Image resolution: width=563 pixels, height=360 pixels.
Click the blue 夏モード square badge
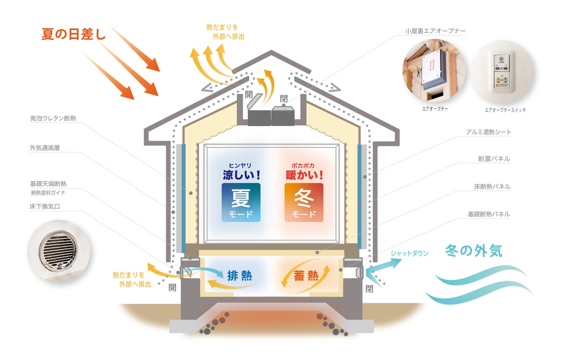(241, 202)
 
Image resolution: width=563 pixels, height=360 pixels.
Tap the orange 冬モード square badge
(304, 202)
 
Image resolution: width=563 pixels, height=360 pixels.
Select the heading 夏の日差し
(74, 34)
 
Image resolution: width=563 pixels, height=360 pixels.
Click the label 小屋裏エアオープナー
(435, 31)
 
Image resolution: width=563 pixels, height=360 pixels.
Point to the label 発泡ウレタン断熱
(53, 118)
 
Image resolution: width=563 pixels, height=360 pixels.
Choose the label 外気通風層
(45, 148)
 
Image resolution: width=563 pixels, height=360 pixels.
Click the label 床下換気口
(45, 206)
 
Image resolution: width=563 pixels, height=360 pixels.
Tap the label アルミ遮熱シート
(488, 132)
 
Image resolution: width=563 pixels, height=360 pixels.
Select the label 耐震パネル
(494, 159)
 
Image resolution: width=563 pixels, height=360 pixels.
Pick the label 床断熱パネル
(492, 186)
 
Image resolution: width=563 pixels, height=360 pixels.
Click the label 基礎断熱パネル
(489, 214)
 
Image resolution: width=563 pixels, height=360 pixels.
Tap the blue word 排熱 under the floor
(240, 276)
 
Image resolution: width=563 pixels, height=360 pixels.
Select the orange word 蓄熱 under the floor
(306, 276)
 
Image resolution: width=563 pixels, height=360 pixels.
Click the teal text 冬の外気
(473, 251)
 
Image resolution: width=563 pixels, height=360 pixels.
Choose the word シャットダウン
(409, 253)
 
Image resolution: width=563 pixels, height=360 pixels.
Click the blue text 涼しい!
(241, 175)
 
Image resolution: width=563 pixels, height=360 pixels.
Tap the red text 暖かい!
(304, 175)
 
